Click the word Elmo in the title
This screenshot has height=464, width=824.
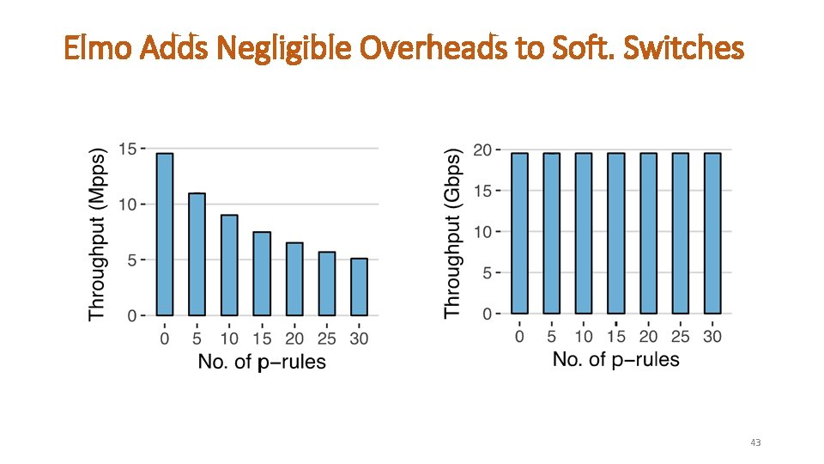point(97,47)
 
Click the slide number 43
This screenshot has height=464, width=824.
point(755,443)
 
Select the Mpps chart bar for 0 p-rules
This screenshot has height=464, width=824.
point(165,235)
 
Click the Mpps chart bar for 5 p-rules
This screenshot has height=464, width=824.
point(197,254)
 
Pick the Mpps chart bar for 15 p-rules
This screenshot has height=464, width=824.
point(262,273)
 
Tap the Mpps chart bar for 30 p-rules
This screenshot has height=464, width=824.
point(359,287)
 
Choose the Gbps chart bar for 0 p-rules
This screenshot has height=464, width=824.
point(519,234)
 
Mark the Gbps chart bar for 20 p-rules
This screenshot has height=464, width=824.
point(649,234)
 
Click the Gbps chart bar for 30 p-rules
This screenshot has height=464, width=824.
point(712,234)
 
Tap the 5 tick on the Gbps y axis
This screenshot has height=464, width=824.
point(488,273)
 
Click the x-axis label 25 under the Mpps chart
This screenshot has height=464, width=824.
point(326,339)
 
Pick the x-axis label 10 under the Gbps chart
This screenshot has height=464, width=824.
point(584,336)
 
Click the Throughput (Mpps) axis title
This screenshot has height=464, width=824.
point(97,235)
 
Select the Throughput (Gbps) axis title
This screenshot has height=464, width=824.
point(452,234)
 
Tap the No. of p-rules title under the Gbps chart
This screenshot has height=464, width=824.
point(616,360)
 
